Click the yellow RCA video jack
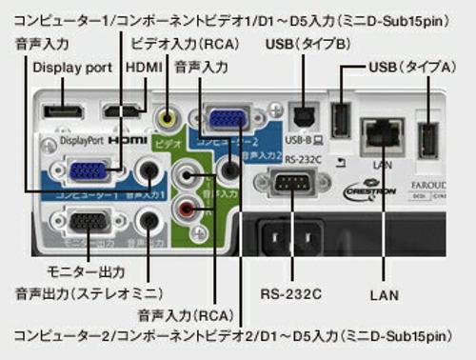tap(169, 118)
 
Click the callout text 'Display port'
tap(72, 68)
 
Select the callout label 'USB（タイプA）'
tap(416, 68)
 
